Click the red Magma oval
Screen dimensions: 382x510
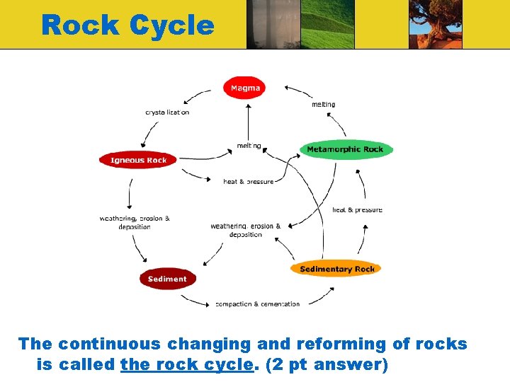(x=244, y=88)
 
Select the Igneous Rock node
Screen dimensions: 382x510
(x=138, y=160)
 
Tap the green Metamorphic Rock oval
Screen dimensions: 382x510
(x=346, y=149)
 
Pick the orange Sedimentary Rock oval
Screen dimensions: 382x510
(x=336, y=269)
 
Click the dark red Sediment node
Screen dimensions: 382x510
(x=167, y=279)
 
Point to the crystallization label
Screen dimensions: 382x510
(x=167, y=112)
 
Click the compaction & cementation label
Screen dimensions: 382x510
(x=258, y=304)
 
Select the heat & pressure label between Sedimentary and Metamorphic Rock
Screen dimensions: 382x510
(x=357, y=210)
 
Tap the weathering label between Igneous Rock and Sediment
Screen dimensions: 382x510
(x=135, y=223)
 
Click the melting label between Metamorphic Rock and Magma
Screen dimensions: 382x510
(x=324, y=105)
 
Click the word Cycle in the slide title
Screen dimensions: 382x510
(x=172, y=25)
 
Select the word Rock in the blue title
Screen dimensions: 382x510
(x=81, y=25)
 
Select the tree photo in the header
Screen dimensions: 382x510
(x=436, y=24)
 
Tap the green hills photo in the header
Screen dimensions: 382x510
(x=327, y=24)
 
